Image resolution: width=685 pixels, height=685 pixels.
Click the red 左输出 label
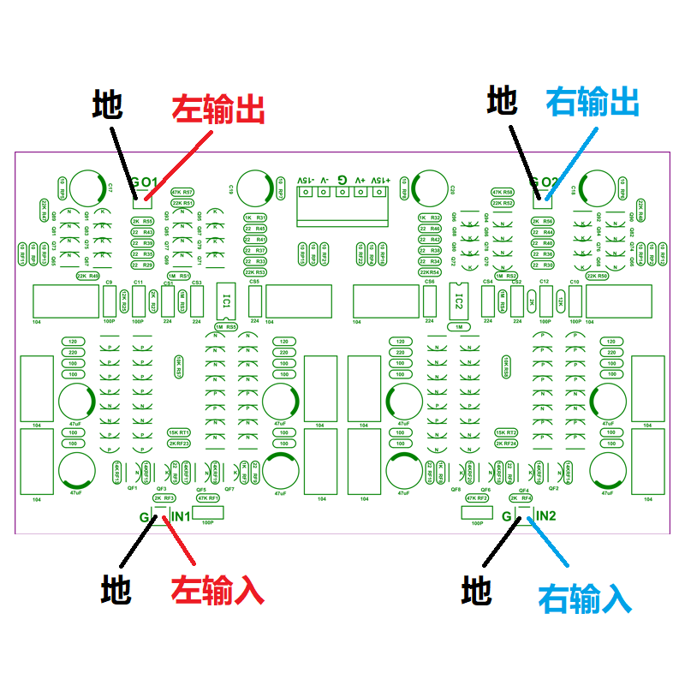tap(217, 110)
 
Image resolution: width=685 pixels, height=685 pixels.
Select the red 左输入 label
tap(217, 590)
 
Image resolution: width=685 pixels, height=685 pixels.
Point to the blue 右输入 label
tap(584, 597)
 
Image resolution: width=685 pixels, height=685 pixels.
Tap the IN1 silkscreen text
tap(181, 515)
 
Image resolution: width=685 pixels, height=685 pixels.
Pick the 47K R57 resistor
tap(182, 193)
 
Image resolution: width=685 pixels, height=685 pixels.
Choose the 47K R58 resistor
tap(503, 193)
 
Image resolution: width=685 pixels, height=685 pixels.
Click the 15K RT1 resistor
tap(179, 433)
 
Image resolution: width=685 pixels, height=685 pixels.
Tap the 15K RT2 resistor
tap(506, 433)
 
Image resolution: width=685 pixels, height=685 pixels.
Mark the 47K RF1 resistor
tap(209, 498)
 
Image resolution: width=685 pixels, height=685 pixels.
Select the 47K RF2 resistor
tap(477, 498)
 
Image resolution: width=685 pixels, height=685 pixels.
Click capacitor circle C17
tap(88, 189)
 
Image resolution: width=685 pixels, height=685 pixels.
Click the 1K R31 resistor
tap(255, 217)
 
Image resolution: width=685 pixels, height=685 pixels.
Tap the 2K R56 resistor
tap(542, 221)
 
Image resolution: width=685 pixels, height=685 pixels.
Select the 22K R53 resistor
tap(255, 272)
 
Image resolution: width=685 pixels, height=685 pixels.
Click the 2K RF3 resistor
tap(164, 498)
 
